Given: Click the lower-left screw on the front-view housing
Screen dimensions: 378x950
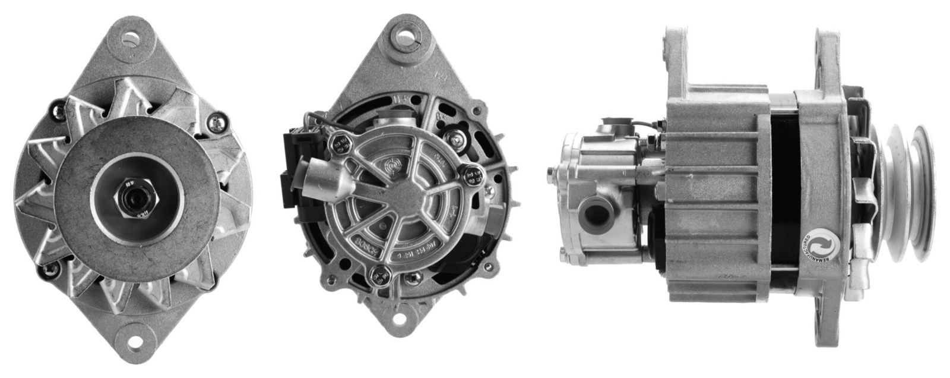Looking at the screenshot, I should pyautogui.click(x=45, y=270).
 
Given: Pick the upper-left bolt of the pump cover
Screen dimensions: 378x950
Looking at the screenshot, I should pyautogui.click(x=341, y=143).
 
